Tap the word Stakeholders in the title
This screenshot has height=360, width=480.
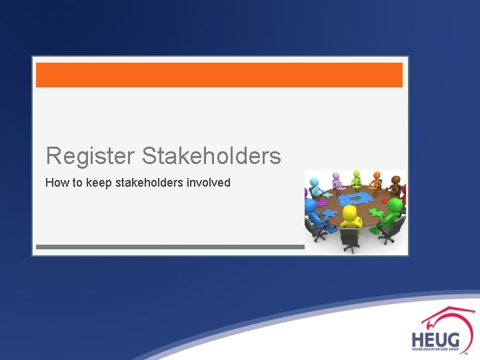(211, 156)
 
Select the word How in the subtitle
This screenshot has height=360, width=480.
(55, 182)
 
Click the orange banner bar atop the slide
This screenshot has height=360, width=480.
(219, 75)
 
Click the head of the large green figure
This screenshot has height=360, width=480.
(395, 205)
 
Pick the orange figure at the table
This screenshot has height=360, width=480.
(377, 181)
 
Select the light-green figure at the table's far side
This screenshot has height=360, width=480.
(357, 178)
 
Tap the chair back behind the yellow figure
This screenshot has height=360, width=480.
(349, 235)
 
